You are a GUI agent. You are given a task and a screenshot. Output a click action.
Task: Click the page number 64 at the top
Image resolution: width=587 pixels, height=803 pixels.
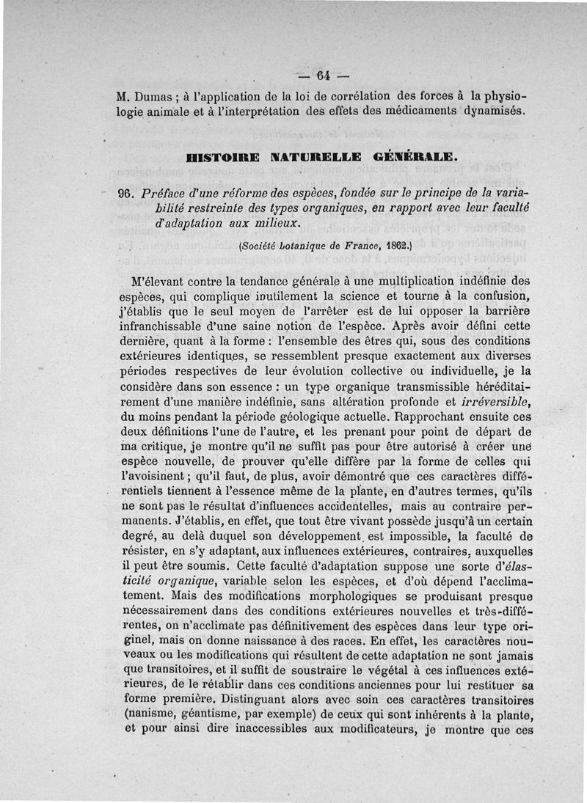point(324,76)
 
